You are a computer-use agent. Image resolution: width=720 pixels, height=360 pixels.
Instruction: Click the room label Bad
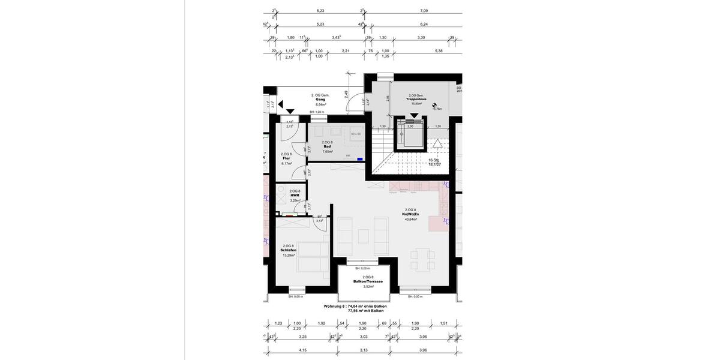(x=327, y=146)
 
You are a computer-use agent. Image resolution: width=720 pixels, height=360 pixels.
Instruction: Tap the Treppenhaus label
(x=416, y=99)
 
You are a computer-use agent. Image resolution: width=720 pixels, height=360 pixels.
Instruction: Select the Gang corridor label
(x=320, y=100)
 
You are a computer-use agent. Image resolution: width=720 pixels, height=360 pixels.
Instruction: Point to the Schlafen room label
(x=289, y=250)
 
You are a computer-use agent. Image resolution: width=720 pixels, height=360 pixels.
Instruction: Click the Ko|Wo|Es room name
(x=411, y=214)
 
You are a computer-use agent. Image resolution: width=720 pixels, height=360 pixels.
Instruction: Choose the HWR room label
(x=295, y=196)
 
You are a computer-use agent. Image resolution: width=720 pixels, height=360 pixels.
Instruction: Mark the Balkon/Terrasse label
(x=368, y=281)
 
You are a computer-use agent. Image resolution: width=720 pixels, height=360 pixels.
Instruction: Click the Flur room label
(x=286, y=158)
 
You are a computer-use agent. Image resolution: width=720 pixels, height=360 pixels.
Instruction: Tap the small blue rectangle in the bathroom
(x=359, y=159)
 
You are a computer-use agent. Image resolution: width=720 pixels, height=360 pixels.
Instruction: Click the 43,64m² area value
(x=411, y=219)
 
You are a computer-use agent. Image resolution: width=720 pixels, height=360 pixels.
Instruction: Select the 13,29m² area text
(x=289, y=255)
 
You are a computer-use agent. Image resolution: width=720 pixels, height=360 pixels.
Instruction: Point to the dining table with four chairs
(x=422, y=259)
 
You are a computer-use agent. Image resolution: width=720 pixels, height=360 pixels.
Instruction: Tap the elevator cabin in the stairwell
(x=410, y=136)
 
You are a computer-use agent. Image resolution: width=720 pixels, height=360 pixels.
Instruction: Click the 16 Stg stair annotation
(x=434, y=160)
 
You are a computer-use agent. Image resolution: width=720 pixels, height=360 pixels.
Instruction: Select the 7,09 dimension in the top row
(x=424, y=11)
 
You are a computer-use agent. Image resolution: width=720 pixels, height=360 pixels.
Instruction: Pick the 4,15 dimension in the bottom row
(x=303, y=350)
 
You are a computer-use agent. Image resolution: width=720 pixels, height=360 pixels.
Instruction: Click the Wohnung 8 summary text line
(x=355, y=306)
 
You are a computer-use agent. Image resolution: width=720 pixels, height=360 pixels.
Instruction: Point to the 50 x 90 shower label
(x=356, y=134)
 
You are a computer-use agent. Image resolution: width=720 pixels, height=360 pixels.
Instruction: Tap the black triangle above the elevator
(x=415, y=115)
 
